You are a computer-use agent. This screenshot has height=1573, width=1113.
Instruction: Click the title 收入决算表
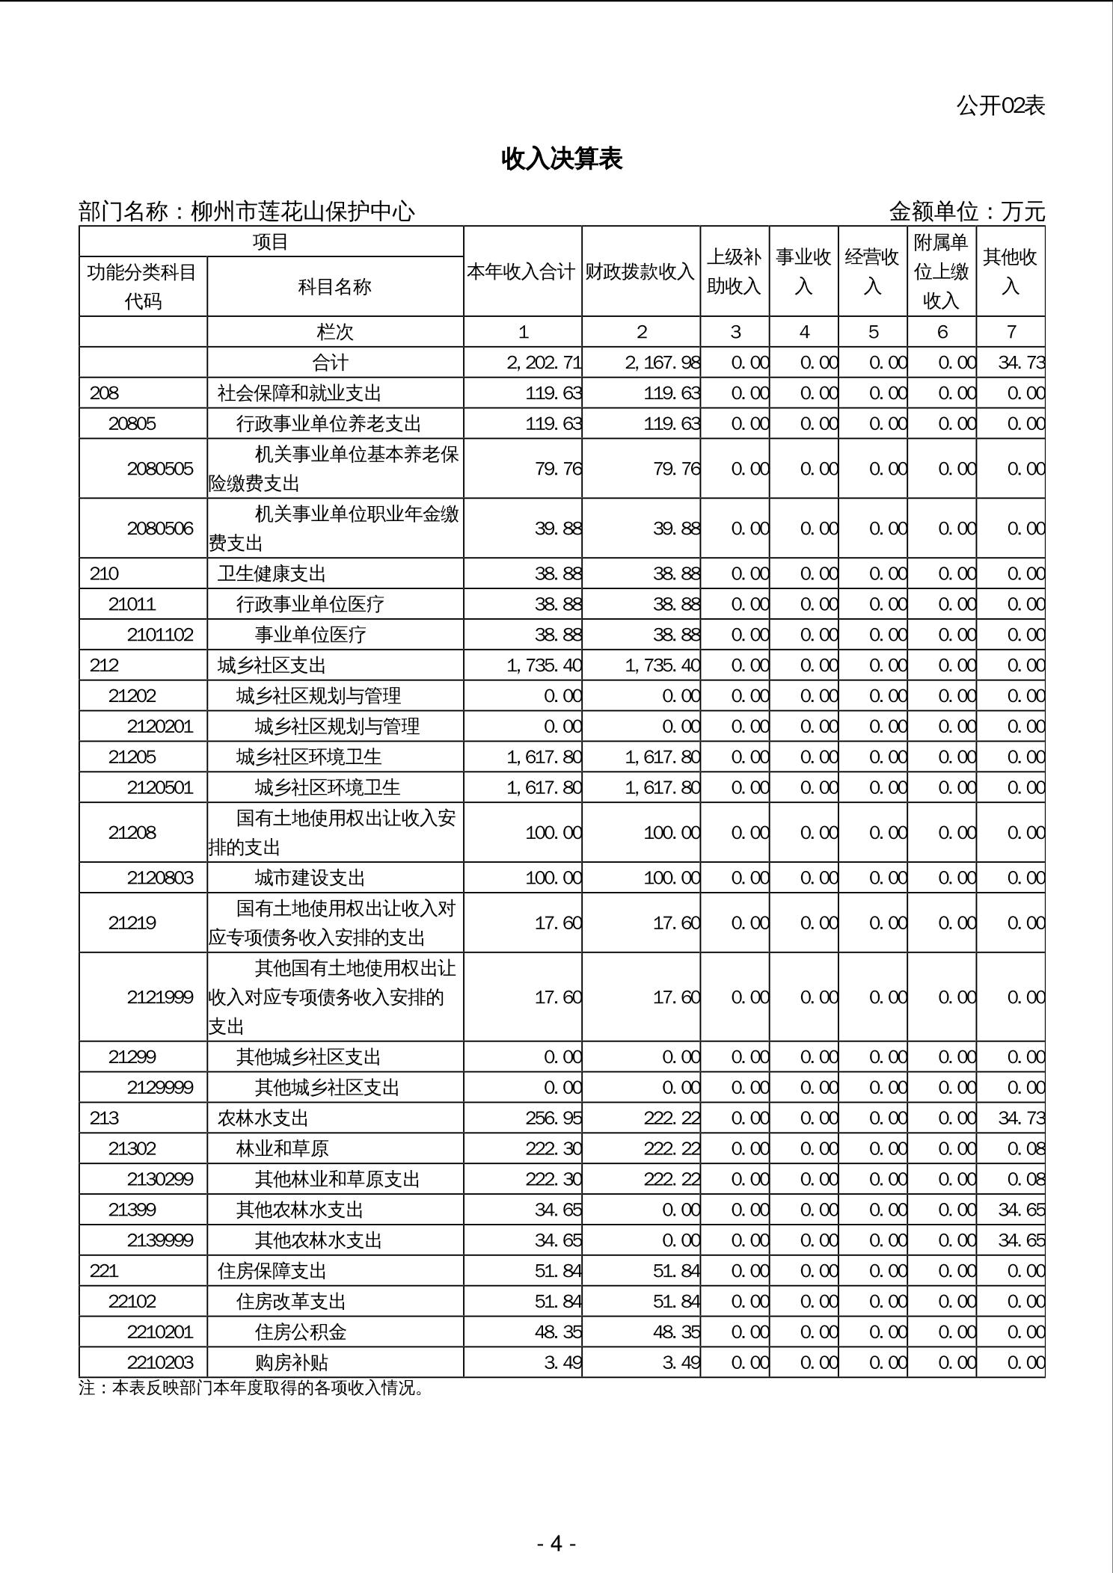[x=562, y=158]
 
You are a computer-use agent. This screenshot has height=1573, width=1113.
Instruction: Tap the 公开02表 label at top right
[x=1000, y=106]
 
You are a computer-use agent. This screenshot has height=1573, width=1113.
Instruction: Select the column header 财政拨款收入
[x=640, y=272]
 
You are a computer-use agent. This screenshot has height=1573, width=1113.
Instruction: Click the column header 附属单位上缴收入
[x=942, y=272]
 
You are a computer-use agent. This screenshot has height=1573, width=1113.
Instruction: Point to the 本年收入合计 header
[x=522, y=272]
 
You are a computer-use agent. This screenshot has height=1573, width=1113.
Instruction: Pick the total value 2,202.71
[x=544, y=363]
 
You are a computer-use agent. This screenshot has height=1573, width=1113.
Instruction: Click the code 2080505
[x=160, y=469]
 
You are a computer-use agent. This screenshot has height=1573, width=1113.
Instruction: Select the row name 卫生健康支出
[x=272, y=574]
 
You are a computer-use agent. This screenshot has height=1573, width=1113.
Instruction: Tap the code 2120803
[x=160, y=878]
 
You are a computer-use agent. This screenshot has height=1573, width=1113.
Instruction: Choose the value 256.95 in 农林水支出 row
[x=554, y=1118]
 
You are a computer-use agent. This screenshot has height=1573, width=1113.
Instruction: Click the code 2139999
[x=160, y=1241]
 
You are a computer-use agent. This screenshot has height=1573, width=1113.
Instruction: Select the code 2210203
[x=160, y=1363]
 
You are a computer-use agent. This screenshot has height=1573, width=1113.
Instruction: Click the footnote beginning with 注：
[x=251, y=1388]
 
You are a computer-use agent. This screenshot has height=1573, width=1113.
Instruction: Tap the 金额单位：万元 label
[x=966, y=212]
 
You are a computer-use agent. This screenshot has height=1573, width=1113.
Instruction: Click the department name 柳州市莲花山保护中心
[x=302, y=212]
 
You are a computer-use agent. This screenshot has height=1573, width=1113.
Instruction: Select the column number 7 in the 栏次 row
[x=1011, y=332]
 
